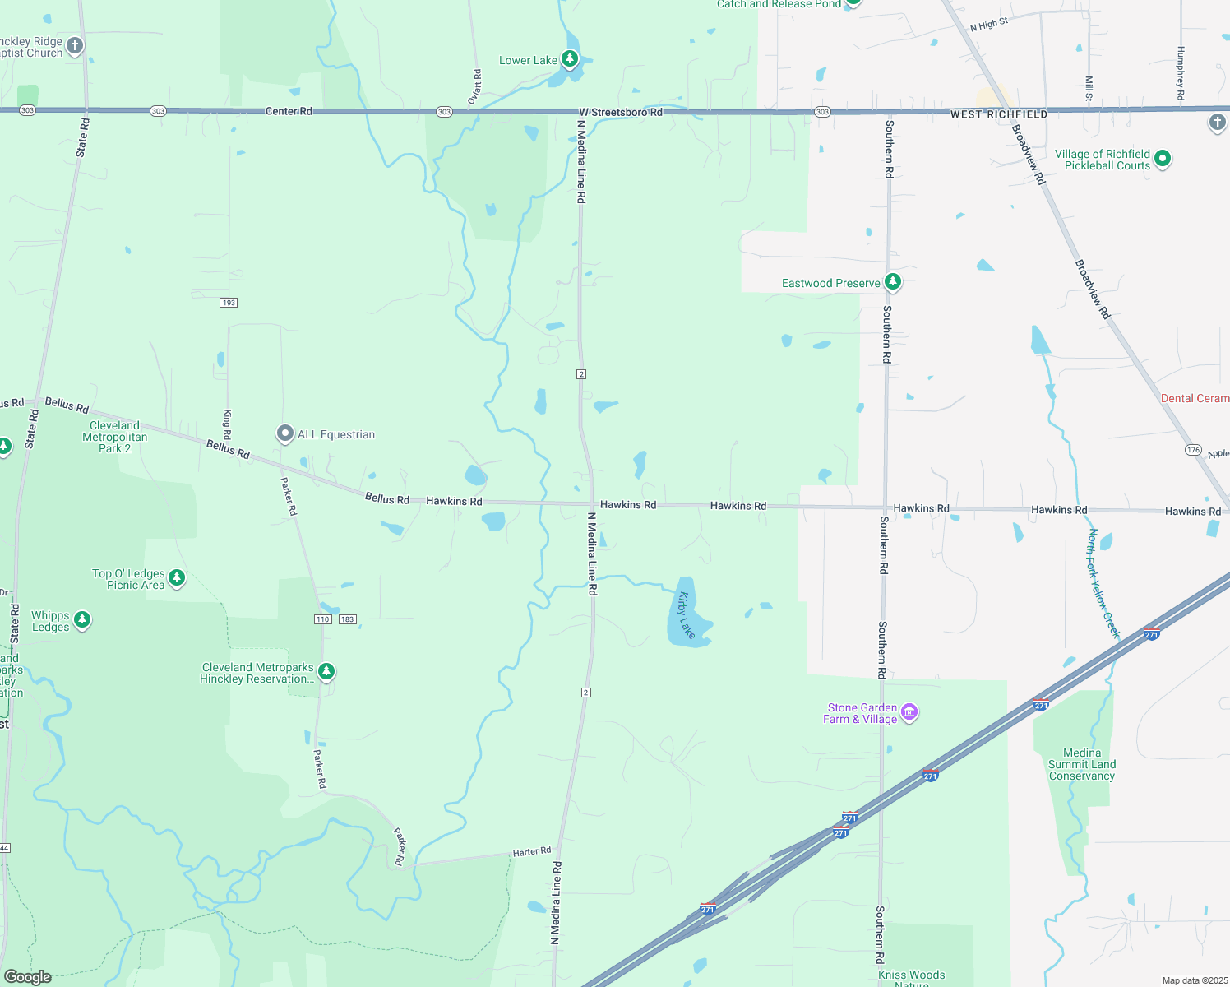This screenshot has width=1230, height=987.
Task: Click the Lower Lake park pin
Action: click(569, 58)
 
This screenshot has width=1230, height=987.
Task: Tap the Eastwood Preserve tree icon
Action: click(892, 282)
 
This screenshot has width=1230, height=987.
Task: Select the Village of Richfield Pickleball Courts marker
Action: click(1162, 158)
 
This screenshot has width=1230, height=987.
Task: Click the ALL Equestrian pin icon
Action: click(284, 433)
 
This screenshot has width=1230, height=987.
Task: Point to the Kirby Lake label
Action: click(687, 615)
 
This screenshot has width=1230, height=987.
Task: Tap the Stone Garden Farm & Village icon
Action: click(909, 712)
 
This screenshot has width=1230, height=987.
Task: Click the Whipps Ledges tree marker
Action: click(81, 619)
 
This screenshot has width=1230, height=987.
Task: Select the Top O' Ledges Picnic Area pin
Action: click(176, 577)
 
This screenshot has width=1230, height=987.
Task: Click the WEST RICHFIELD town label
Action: click(998, 114)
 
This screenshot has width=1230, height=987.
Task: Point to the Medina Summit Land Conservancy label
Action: click(1081, 764)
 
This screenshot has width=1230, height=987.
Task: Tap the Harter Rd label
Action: click(531, 852)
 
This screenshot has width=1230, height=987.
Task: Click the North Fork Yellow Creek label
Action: click(1103, 583)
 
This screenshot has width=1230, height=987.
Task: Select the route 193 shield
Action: click(229, 303)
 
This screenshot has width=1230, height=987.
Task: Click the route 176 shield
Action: click(1193, 450)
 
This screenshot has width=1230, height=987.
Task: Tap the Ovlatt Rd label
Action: click(476, 84)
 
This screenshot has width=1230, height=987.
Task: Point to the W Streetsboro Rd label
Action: click(620, 112)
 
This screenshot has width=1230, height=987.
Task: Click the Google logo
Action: click(27, 977)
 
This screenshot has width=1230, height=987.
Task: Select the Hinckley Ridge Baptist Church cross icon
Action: click(75, 46)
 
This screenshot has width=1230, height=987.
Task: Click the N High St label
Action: click(988, 25)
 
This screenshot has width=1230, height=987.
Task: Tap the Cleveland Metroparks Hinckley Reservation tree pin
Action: click(326, 672)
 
